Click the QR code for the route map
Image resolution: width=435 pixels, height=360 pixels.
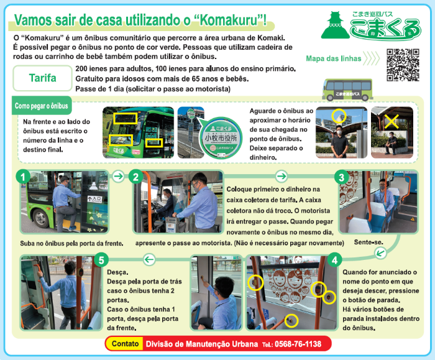pyautogui.click(x=403, y=65)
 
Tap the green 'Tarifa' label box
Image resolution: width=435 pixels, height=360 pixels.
pyautogui.click(x=42, y=78)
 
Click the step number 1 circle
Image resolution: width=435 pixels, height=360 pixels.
pyautogui.click(x=23, y=177)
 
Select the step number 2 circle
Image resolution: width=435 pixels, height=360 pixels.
pyautogui.click(x=135, y=177)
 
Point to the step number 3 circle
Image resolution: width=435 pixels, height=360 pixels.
pyautogui.click(x=342, y=177)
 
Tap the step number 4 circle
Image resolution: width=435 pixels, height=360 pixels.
pyautogui.click(x=334, y=260)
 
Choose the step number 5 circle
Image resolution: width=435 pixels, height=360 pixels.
pyautogui.click(x=101, y=260)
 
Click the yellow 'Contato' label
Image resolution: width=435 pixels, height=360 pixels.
pyautogui.click(x=125, y=344)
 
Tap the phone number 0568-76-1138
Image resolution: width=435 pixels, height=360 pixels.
pyautogui.click(x=298, y=344)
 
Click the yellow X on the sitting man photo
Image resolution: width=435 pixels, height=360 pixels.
pyautogui.click(x=391, y=122)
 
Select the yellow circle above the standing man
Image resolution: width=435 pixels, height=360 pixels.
pyautogui.click(x=339, y=116)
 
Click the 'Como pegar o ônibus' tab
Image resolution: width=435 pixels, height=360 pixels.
pyautogui.click(x=42, y=106)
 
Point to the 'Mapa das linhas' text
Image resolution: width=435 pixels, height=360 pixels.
pyautogui.click(x=334, y=58)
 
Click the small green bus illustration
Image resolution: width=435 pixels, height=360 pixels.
pyautogui.click(x=347, y=90)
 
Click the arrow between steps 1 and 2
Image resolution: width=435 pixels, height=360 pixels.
pyautogui.click(x=119, y=176)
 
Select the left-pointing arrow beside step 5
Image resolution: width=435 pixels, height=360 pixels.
pyautogui.click(x=149, y=260)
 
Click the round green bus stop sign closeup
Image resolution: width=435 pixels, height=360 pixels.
pyautogui.click(x=221, y=138)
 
